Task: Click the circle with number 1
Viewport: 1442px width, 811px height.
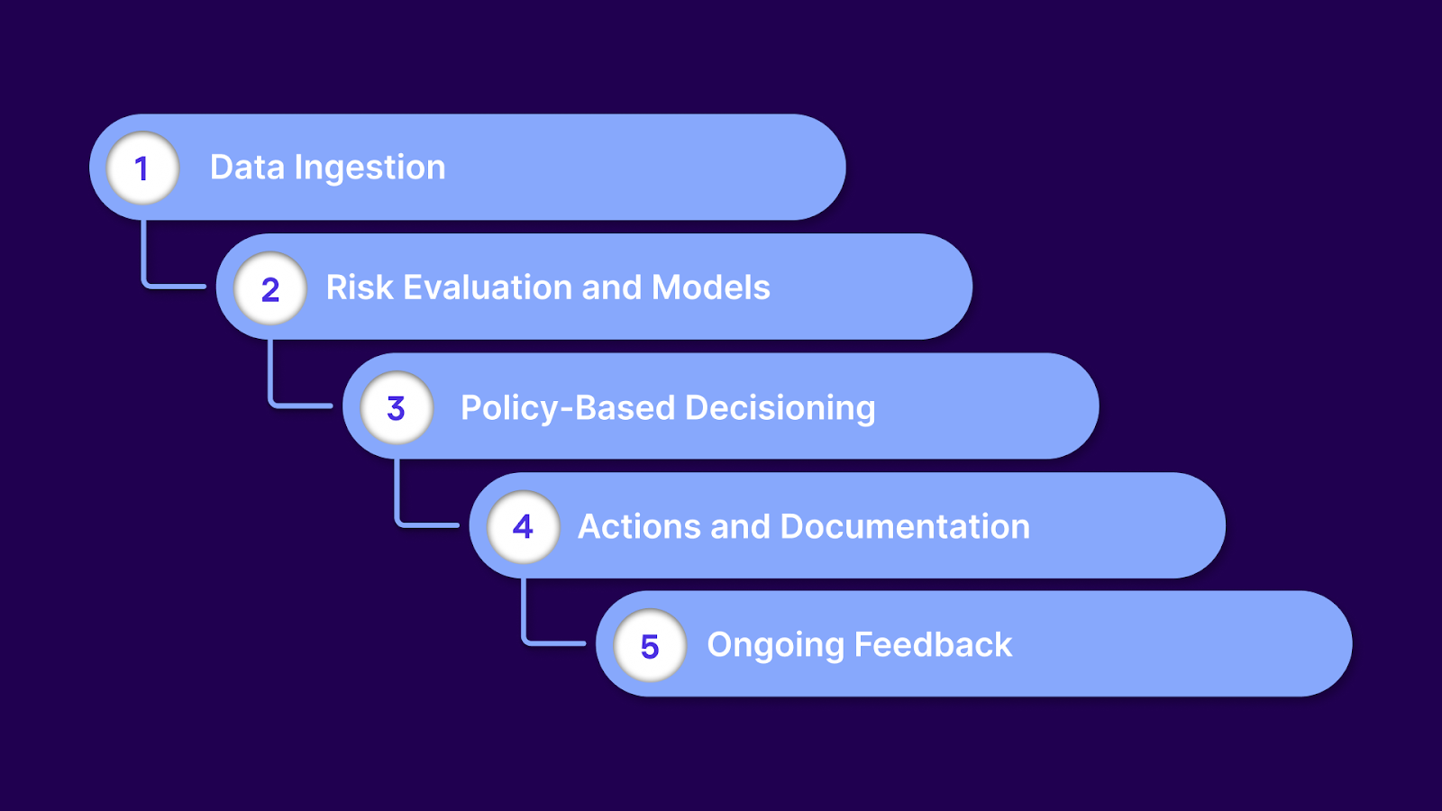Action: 142,168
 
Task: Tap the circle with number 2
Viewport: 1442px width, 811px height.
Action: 269,288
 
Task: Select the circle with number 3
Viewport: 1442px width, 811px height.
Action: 397,407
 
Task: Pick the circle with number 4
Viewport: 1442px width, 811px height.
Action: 523,526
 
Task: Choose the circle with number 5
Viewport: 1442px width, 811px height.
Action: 650,645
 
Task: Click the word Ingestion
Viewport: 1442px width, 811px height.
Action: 370,169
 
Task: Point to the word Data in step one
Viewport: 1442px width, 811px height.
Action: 247,168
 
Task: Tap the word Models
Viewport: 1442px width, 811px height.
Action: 710,287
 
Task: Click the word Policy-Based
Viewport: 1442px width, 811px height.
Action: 568,407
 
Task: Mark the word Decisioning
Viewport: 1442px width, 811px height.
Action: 780,407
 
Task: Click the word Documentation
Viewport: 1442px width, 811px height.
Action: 905,526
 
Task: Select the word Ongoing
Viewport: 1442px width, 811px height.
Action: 775,645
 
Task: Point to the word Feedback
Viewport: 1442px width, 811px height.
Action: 933,644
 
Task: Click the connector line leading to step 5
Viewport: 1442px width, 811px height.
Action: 524,618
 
